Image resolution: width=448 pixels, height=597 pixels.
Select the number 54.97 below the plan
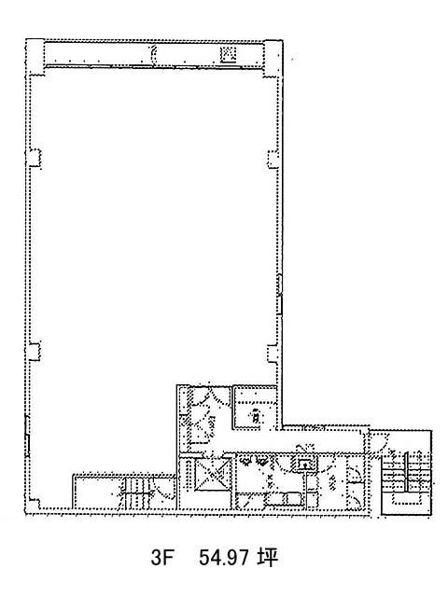tap(223, 558)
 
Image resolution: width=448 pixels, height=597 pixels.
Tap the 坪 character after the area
tap(267, 558)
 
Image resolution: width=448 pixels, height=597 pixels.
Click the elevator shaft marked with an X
tap(212, 474)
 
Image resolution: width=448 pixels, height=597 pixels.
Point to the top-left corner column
tap(35, 57)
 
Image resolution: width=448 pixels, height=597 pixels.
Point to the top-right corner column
tap(273, 57)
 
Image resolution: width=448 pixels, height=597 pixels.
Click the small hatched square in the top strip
tap(229, 54)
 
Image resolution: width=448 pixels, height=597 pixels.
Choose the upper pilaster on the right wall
tap(273, 160)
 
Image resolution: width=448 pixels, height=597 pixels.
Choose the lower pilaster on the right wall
tap(273, 354)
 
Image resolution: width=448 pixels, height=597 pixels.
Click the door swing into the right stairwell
tap(380, 441)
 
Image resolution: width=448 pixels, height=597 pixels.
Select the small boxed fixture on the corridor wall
tap(303, 463)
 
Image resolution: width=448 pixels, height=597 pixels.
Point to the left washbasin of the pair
tap(246, 462)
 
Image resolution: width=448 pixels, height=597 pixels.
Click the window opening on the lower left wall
tap(27, 437)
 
